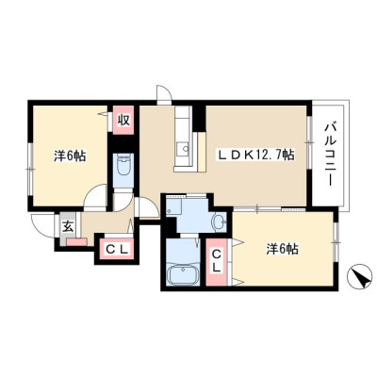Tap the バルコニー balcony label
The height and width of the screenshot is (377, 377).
click(x=330, y=154)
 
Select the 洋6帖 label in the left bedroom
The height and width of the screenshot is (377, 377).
click(x=70, y=156)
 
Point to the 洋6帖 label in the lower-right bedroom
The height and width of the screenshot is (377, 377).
click(x=283, y=250)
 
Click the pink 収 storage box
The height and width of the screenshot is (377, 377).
click(x=123, y=120)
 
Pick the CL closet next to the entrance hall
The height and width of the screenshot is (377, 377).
click(x=117, y=250)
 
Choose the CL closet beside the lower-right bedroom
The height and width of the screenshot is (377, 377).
click(x=216, y=262)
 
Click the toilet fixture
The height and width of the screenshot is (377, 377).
click(x=123, y=168)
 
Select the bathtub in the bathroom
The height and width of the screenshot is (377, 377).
click(x=183, y=274)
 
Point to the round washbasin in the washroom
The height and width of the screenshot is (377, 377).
click(x=219, y=221)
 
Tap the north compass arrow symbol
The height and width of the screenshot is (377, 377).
click(x=359, y=275)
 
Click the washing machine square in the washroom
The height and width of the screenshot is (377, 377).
click(x=174, y=206)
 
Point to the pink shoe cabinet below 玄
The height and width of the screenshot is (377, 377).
click(x=76, y=241)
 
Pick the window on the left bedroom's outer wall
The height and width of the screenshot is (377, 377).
click(x=30, y=169)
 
